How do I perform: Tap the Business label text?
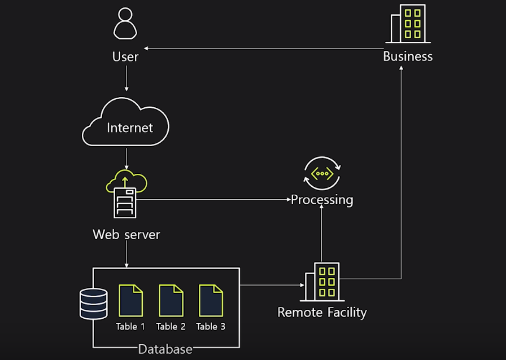(407, 56)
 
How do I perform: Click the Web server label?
(126, 234)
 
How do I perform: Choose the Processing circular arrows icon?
(322, 173)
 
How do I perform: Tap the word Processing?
(322, 200)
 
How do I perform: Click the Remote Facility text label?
(322, 312)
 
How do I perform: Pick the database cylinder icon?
(93, 303)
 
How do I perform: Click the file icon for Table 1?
(130, 300)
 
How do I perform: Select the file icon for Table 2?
(171, 300)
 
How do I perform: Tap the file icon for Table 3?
(211, 300)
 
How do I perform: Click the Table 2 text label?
(171, 326)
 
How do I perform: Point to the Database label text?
(165, 349)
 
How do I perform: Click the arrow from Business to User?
(260, 49)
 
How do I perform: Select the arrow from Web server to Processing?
(215, 199)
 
